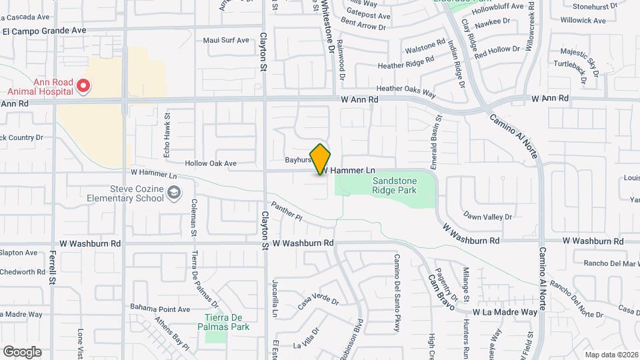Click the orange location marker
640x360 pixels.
(321, 159)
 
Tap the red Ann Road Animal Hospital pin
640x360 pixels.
(83, 86)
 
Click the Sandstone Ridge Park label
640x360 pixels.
(395, 185)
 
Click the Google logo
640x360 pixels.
(22, 351)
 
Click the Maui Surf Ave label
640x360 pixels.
(225, 41)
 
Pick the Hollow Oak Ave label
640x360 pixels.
(211, 163)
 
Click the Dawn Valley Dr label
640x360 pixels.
(487, 217)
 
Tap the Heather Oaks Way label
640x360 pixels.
(405, 88)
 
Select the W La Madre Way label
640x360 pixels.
(505, 312)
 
